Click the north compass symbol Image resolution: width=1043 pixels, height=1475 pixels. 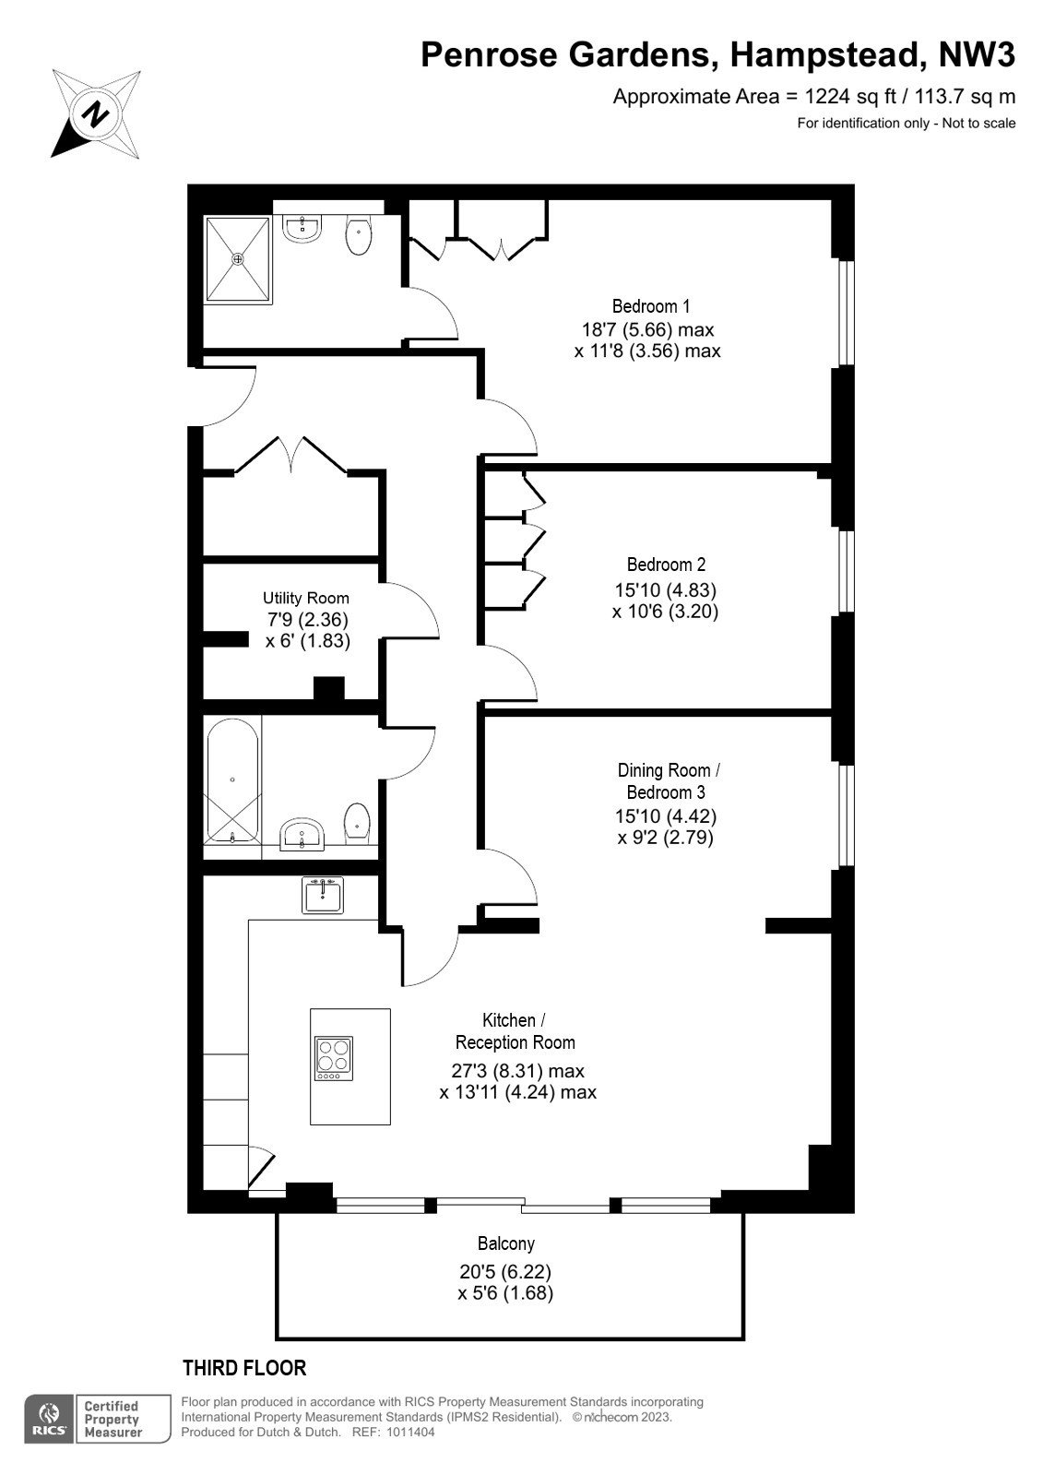pyautogui.click(x=96, y=113)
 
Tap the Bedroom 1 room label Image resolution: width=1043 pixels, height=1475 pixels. pyautogui.click(x=650, y=306)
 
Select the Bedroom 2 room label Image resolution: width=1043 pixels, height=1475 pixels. pyautogui.click(x=666, y=565)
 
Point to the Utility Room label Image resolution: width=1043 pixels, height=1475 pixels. pyautogui.click(x=305, y=598)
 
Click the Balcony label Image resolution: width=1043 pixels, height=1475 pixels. pyautogui.click(x=505, y=1243)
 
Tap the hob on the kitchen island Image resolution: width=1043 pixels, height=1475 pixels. pyautogui.click(x=334, y=1058)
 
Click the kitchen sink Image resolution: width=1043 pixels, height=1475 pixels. pyautogui.click(x=323, y=895)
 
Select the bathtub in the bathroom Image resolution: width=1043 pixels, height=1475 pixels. pyautogui.click(x=232, y=781)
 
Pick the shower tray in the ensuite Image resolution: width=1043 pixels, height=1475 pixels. pyautogui.click(x=238, y=260)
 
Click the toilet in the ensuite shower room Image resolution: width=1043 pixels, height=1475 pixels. pyautogui.click(x=358, y=236)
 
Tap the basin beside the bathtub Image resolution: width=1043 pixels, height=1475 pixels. pyautogui.click(x=302, y=834)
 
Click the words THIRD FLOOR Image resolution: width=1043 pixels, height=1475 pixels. pyautogui.click(x=244, y=1368)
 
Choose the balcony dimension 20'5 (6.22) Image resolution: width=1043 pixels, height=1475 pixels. pyautogui.click(x=505, y=1271)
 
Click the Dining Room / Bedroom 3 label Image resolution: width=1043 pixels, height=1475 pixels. pyautogui.click(x=668, y=781)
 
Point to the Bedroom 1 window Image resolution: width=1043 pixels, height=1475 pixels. pyautogui.click(x=847, y=314)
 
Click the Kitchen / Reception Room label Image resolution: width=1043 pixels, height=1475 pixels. pyautogui.click(x=515, y=1031)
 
